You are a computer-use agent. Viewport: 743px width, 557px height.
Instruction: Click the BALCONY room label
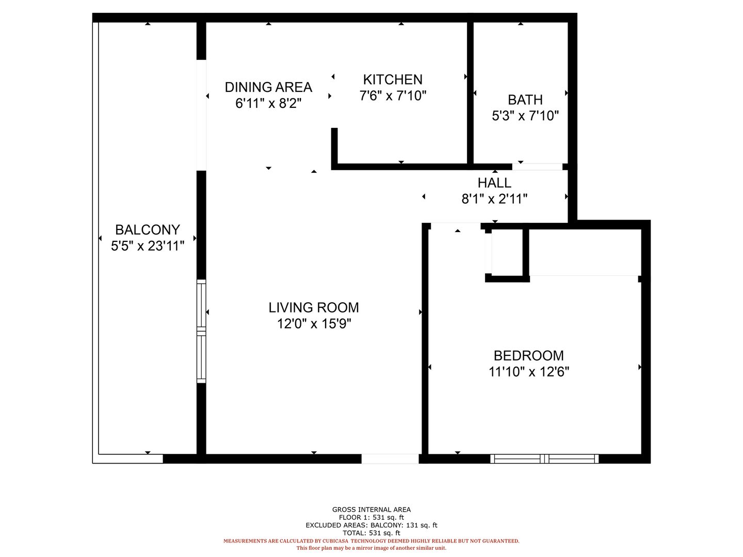click(x=147, y=230)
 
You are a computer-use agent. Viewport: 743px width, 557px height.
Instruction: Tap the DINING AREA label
click(x=268, y=87)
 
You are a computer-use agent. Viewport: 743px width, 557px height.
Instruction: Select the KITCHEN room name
click(x=393, y=80)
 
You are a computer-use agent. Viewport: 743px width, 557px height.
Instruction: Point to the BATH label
click(x=525, y=100)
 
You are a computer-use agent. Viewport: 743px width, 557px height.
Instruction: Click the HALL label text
click(x=494, y=183)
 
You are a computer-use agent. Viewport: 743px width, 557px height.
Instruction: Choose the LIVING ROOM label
click(x=313, y=308)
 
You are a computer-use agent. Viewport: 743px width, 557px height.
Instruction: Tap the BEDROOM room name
click(x=529, y=356)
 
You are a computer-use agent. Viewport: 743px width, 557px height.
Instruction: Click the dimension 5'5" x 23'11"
click(x=148, y=246)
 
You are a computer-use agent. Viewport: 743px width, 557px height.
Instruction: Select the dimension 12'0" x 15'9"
click(x=314, y=324)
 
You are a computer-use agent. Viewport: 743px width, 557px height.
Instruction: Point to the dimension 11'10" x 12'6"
click(x=529, y=372)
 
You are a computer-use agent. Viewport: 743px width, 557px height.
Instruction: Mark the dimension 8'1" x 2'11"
click(x=494, y=199)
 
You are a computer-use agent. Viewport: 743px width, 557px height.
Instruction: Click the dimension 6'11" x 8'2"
click(x=268, y=103)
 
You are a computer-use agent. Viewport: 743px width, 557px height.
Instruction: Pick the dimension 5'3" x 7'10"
click(x=525, y=116)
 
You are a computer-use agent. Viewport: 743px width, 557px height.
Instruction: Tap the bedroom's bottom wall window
click(x=544, y=458)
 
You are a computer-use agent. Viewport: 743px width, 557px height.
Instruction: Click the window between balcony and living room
click(x=201, y=331)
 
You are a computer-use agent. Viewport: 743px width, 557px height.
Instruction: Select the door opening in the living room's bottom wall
click(x=390, y=458)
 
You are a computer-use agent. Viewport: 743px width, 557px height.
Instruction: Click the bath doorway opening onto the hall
click(x=537, y=167)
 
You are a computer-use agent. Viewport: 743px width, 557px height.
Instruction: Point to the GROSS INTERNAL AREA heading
click(x=372, y=510)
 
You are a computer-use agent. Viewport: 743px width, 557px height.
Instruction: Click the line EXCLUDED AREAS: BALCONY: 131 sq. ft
click(x=372, y=525)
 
